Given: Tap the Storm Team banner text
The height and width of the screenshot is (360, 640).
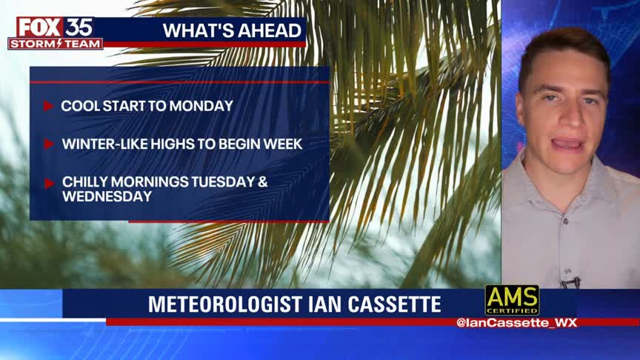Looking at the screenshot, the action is click(x=55, y=44).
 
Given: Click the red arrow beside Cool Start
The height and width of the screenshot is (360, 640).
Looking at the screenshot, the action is click(x=49, y=106).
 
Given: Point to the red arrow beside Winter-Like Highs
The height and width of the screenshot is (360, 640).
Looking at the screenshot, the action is click(x=49, y=144).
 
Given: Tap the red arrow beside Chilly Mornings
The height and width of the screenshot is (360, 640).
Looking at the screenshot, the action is click(x=49, y=184).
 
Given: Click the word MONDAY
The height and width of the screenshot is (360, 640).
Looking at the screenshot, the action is click(x=201, y=106).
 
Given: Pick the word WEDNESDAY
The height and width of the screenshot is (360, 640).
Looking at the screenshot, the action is click(x=107, y=197).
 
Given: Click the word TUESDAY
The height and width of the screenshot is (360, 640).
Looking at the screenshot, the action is click(x=223, y=182).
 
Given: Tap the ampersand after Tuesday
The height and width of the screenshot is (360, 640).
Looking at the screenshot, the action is click(x=263, y=182).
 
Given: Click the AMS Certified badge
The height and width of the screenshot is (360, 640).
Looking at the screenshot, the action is click(x=512, y=300).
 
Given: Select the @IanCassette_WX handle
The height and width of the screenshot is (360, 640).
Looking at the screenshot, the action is click(x=516, y=323).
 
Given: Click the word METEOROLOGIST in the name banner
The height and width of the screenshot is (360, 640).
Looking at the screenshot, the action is click(x=225, y=304).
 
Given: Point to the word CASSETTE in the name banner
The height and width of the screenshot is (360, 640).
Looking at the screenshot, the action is click(x=394, y=304).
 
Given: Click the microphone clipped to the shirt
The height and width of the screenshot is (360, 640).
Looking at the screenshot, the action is click(x=570, y=282).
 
